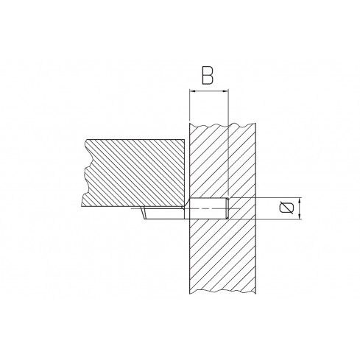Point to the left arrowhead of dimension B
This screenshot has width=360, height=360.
coord(191,92)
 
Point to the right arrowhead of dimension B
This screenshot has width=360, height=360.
coord(227,92)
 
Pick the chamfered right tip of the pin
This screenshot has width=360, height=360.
coord(227,208)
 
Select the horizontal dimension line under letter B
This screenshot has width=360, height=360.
coord(210,92)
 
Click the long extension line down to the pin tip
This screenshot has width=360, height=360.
coord(230,147)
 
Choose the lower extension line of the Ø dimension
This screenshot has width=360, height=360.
coord(272,219)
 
